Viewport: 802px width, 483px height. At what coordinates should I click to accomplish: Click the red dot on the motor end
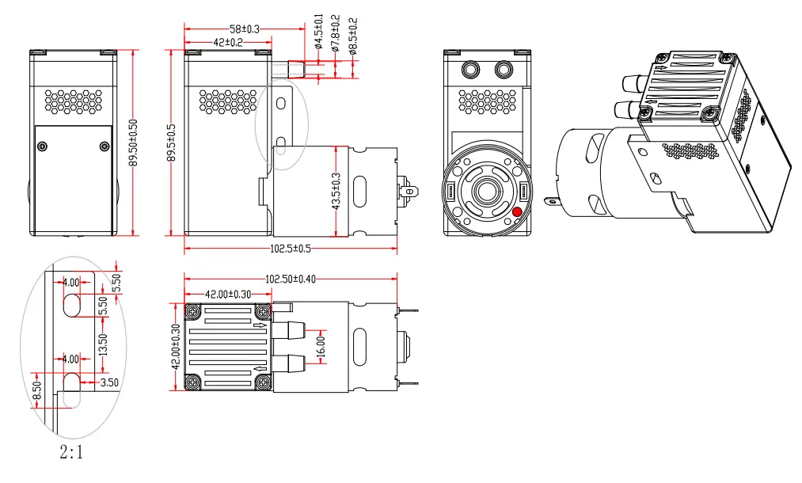pos(517,211)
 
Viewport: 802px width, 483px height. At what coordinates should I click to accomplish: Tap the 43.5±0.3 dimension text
pos(336,192)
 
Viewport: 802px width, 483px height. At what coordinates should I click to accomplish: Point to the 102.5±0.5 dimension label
pos(291,248)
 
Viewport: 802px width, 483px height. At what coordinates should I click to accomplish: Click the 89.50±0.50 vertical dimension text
pos(133,143)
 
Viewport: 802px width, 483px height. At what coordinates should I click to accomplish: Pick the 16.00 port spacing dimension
pos(321,346)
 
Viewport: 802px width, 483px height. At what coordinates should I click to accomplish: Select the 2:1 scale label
pos(70,454)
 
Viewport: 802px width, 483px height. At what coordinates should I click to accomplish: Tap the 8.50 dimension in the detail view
pos(36,390)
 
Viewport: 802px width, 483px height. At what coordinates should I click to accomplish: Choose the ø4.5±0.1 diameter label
pos(318,30)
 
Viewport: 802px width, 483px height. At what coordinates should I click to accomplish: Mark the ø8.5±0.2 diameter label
pos(352,32)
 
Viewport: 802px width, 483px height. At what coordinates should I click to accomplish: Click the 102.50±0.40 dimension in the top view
pos(291,280)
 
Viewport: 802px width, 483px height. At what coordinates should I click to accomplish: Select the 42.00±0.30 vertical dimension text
pos(175,346)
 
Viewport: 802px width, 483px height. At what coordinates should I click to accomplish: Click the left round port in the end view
pos(471,70)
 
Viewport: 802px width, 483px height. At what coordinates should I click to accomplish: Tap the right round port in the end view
pos(504,70)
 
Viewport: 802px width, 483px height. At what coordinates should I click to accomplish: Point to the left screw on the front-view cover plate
pos(42,146)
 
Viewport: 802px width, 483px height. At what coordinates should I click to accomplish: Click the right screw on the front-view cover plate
pos(105,146)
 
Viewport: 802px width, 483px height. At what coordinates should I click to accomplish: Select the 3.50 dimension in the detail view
pos(109,382)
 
